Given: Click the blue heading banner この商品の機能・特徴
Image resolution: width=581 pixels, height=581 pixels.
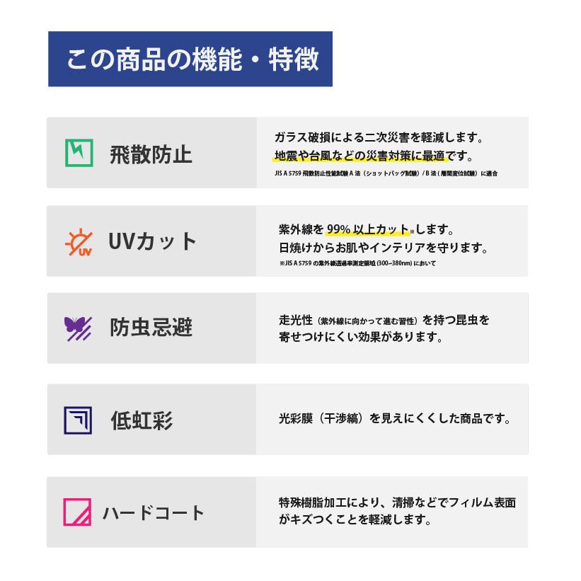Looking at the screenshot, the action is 190,59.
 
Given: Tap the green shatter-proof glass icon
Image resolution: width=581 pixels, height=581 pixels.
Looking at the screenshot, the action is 79,153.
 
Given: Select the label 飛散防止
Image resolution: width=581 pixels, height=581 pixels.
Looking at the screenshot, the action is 151,154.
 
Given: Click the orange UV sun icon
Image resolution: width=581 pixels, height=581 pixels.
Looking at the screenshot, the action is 79,242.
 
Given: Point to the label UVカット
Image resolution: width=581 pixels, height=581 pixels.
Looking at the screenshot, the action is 152,241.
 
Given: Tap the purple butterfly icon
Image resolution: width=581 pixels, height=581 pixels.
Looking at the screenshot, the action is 78,328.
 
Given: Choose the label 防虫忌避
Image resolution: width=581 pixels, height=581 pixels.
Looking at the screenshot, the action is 151,327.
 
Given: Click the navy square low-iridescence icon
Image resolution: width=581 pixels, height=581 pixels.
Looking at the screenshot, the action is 78,420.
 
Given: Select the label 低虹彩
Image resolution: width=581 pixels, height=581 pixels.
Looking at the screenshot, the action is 142,420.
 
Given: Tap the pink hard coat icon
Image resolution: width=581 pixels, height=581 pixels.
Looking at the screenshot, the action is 77,512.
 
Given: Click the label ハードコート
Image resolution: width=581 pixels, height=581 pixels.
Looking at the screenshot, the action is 153,513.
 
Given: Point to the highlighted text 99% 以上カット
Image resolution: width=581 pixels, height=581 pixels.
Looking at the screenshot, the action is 367,230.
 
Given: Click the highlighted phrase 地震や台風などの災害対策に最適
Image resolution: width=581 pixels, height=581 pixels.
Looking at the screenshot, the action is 359,156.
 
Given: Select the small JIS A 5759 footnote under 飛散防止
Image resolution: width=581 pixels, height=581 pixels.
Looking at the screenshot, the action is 386,173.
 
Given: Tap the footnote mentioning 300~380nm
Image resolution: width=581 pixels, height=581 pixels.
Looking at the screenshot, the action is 357,263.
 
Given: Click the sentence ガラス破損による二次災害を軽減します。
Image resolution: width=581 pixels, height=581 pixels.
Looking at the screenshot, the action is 379,137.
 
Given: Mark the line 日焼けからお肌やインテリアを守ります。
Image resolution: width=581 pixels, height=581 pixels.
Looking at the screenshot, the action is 383,248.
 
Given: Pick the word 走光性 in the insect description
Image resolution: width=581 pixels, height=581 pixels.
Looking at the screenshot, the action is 296,320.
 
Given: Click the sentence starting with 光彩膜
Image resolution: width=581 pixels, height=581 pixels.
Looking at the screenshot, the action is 395,418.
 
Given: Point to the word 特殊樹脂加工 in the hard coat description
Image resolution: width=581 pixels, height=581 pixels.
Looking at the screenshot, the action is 313,502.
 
